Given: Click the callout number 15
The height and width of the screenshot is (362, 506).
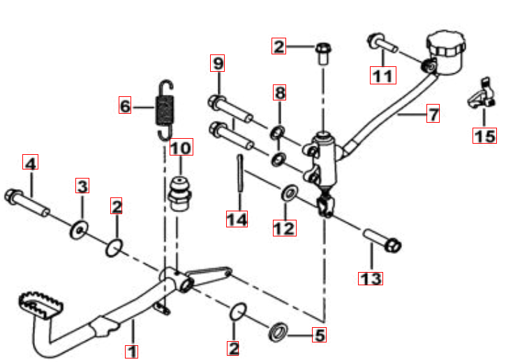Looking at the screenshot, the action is tap(484, 135).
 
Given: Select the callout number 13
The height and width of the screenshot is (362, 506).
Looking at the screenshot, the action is tap(371, 279).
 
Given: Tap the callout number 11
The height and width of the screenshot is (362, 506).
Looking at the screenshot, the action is tap(382, 75).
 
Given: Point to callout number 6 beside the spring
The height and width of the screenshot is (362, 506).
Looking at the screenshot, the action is tap(125, 105).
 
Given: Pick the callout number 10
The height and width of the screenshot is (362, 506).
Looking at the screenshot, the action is tap(181, 147).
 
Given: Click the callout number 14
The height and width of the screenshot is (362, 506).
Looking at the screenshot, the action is tap(237, 219).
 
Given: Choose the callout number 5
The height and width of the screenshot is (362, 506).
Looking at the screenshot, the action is tap(319, 335).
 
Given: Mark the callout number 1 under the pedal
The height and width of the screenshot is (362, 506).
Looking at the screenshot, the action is tap(132, 352).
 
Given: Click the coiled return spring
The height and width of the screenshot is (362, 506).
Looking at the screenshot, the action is tap(165, 110).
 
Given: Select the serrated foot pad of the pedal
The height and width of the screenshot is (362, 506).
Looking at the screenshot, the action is tap(40, 305).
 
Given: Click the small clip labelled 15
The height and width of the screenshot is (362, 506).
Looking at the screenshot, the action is tap(482, 93).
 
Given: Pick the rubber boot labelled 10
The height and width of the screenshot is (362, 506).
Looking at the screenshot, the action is tap(180, 194).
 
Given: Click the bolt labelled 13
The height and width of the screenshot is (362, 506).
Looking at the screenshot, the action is tap(382, 241).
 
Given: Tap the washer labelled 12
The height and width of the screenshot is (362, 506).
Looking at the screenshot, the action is tap(290, 193).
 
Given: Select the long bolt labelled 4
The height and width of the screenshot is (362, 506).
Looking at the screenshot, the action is tap(27, 202).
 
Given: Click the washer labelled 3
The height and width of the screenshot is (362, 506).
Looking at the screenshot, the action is tap(79, 229).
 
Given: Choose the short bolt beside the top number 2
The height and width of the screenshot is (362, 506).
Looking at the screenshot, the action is tap(323, 54).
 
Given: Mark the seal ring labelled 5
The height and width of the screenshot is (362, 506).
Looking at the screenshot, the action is tap(278, 332).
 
